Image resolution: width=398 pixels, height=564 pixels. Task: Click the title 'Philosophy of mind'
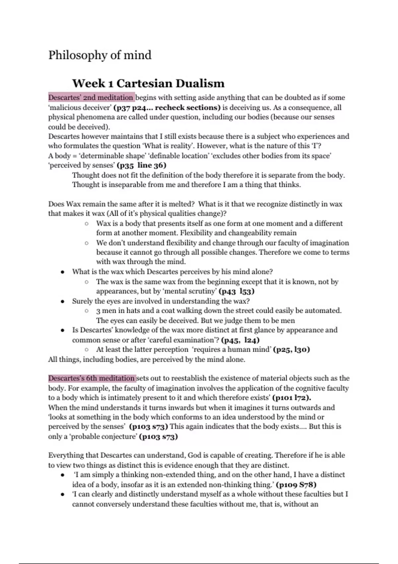[x=100, y=55]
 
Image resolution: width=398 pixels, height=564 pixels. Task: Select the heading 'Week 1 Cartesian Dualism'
[x=148, y=83]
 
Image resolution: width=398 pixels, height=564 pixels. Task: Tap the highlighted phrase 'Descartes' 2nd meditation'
[x=91, y=98]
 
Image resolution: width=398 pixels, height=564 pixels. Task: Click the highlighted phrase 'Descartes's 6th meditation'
[x=92, y=378]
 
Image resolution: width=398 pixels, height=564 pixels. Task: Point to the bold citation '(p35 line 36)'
[x=142, y=165]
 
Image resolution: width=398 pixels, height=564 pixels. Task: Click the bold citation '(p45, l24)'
[x=240, y=340]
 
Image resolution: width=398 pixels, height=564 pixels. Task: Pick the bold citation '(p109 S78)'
[x=296, y=484]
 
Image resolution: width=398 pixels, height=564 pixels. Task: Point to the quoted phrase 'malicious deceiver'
[x=79, y=107]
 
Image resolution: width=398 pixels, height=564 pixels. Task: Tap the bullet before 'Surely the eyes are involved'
[x=62, y=301]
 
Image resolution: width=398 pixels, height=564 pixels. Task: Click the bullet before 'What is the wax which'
[x=62, y=272]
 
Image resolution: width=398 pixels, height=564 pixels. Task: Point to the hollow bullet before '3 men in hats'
[x=87, y=311]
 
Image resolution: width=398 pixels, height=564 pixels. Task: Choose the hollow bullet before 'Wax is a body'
[x=87, y=224]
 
